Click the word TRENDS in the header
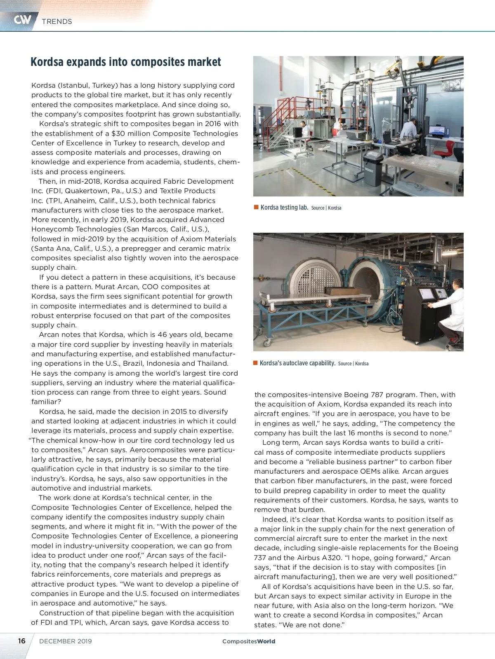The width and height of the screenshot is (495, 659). [57, 21]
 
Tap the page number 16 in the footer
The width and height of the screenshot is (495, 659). [21, 641]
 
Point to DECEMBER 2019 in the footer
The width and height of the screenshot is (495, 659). [66, 641]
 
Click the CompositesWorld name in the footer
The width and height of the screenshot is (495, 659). [249, 641]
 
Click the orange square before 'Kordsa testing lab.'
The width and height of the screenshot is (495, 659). [256, 207]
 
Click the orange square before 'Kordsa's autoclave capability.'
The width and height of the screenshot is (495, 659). [256, 363]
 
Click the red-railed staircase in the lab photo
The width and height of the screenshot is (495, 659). [278, 124]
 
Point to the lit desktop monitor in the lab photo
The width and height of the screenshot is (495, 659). [436, 131]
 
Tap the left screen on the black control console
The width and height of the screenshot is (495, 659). [425, 294]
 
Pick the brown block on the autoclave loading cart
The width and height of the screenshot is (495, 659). [338, 291]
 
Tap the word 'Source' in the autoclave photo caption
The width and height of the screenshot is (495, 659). [345, 364]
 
